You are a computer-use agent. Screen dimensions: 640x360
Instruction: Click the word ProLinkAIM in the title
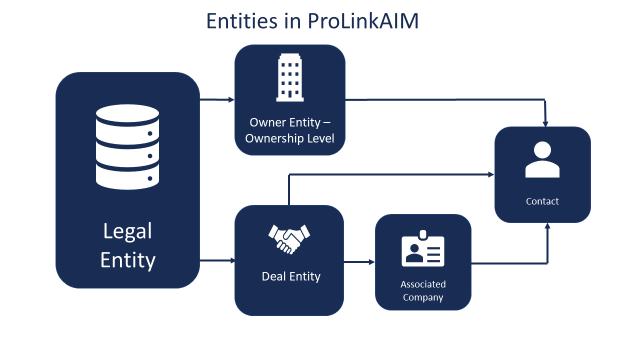363,21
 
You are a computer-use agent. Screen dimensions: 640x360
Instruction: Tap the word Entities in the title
241,21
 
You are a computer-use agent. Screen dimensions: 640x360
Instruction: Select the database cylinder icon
127,147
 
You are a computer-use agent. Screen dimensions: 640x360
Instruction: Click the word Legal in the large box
127,231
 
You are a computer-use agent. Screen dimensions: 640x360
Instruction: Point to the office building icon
289,77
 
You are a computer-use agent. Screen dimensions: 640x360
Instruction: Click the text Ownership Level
289,138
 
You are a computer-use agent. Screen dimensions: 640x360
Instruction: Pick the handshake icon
289,239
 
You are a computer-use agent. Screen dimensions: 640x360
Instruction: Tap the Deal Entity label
291,276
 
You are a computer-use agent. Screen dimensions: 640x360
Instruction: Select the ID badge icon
423,248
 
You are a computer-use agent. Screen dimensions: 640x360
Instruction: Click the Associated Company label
423,291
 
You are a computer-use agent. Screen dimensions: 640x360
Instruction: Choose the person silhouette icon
542,159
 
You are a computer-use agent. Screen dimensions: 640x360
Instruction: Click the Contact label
542,201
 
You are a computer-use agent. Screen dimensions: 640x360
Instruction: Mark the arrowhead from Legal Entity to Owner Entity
231,99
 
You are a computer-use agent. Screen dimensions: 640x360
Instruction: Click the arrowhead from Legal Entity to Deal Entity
232,260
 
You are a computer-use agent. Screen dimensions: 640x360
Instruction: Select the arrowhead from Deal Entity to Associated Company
371,262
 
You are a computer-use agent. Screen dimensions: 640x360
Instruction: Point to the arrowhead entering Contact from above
545,124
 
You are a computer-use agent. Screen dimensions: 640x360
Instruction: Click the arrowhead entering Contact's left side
491,174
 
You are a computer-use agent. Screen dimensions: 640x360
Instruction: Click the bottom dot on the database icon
150,178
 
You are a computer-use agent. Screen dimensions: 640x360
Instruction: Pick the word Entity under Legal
127,260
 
